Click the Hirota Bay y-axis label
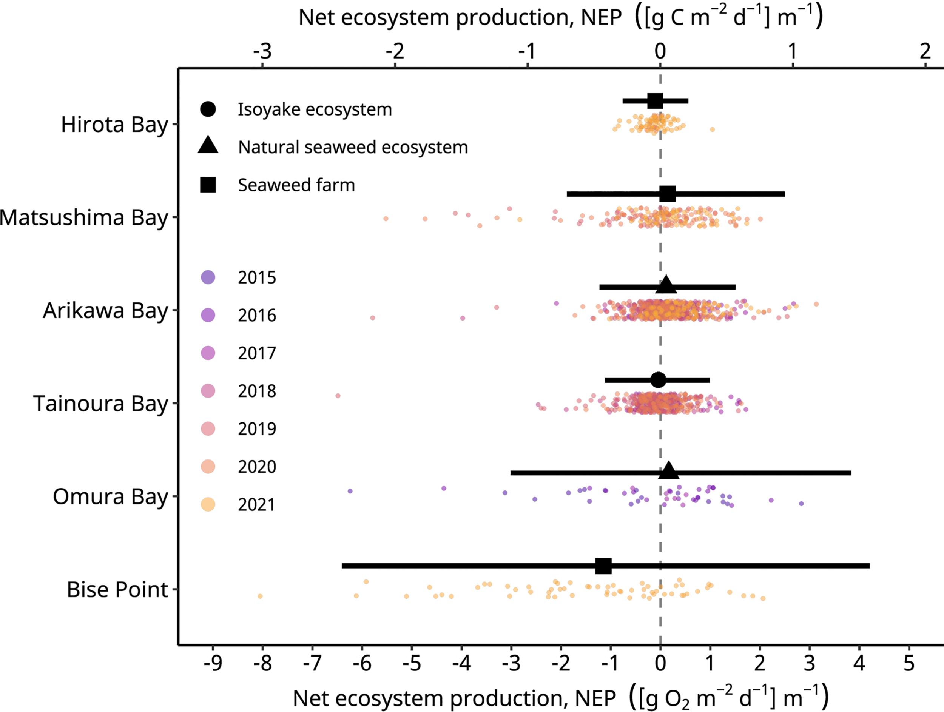click(x=114, y=125)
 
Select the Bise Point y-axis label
click(x=117, y=590)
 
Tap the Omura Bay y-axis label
click(x=110, y=497)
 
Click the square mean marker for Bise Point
click(x=603, y=566)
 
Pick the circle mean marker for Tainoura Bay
click(x=658, y=380)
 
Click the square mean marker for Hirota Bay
click(x=655, y=101)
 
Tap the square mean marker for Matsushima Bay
click(x=668, y=194)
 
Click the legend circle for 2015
click(x=208, y=277)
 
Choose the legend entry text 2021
click(x=257, y=505)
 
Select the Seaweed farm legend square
click(x=208, y=185)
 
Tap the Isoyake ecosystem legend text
click(x=315, y=109)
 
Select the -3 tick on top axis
click(x=262, y=52)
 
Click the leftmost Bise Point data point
click(x=260, y=596)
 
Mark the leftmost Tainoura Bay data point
click(x=338, y=396)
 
